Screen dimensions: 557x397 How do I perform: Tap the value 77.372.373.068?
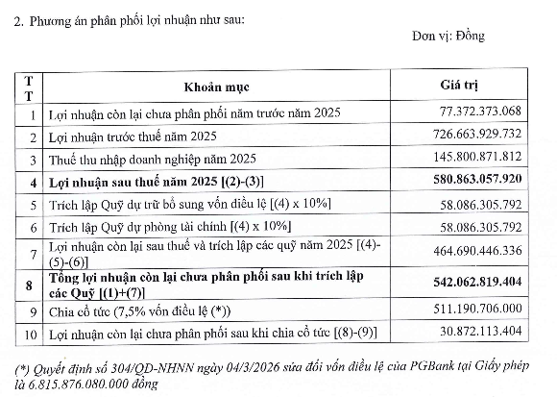pos(476,113)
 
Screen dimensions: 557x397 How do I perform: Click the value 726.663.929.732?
pos(473,135)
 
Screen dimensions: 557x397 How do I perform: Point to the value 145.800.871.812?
pos(473,157)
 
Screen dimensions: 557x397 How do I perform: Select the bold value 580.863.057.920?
pos(473,180)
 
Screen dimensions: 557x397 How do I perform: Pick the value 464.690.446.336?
pos(473,249)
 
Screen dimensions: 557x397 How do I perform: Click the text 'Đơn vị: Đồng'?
pos(448,37)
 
